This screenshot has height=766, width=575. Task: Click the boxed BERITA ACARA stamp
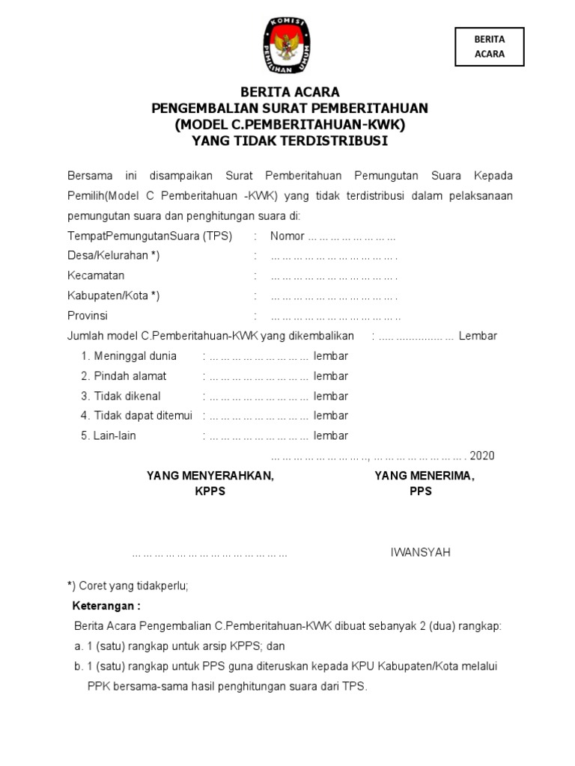pos(489,46)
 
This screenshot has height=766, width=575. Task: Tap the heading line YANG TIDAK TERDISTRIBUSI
pos(290,140)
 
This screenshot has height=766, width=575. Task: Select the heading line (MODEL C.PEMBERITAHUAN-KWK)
pos(290,124)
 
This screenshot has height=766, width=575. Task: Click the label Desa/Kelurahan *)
pos(114,256)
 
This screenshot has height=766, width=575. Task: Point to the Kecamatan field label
pos(96,275)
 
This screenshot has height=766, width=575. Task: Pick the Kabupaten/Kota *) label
pos(114,295)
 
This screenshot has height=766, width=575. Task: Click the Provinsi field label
pos(88,315)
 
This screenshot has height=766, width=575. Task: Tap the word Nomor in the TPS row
pos(287,236)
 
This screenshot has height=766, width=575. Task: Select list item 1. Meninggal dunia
pos(129,356)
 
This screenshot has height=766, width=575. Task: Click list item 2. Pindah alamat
pos(124,376)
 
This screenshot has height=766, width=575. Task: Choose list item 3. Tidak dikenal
pos(121,396)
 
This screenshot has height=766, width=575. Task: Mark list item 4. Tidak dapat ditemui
pos(136,415)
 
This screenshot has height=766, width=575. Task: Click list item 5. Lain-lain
pos(109,435)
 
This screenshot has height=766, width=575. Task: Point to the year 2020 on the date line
pos(482,456)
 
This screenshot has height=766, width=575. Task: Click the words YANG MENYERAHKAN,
pos(210,476)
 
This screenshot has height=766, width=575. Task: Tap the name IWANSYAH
pos(421,553)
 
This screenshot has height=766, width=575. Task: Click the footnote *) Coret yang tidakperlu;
pos(128,586)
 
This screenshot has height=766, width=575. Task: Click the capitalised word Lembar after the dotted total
pos(478,336)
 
